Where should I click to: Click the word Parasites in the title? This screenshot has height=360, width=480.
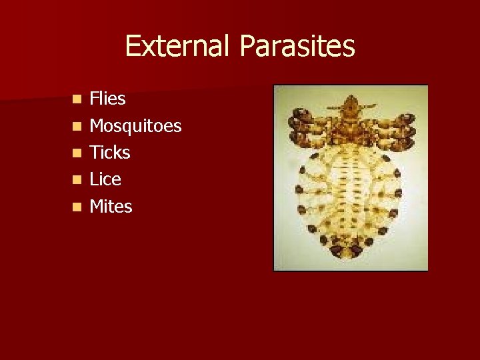[x=297, y=46]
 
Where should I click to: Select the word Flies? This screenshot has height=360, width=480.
[x=107, y=99]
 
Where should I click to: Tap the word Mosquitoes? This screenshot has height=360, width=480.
[x=135, y=126]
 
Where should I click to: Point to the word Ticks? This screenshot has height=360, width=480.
[x=110, y=153]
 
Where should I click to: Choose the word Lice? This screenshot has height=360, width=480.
[x=105, y=179]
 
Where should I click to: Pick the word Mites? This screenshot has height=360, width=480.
[x=111, y=207]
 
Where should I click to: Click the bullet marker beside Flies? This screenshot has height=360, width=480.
[x=78, y=99]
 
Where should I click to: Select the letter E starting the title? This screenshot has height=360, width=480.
[x=131, y=46]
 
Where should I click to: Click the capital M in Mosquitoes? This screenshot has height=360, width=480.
[x=97, y=126]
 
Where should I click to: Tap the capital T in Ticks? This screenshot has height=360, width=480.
[x=95, y=153]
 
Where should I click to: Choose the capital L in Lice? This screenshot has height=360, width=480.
[x=93, y=179]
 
